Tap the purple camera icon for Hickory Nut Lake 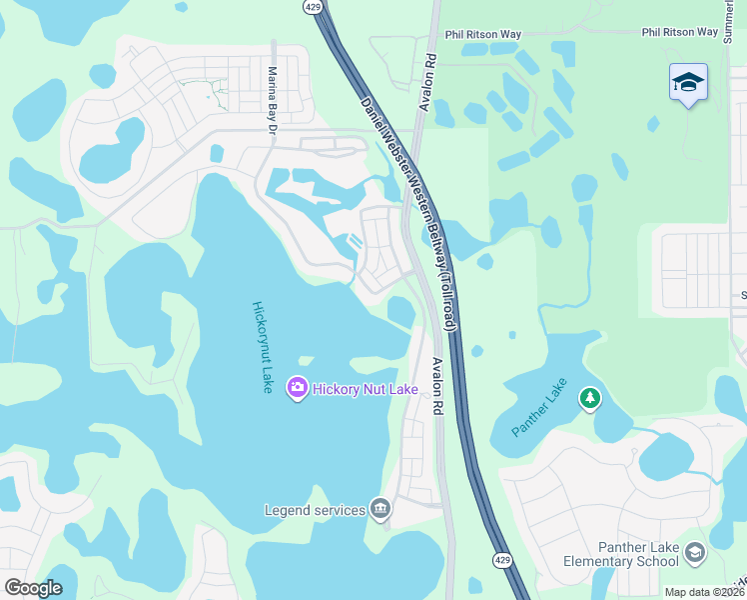click(x=297, y=388)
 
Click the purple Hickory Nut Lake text click(x=364, y=388)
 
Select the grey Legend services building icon click(x=379, y=510)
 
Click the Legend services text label click(x=315, y=510)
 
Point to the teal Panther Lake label click(x=539, y=407)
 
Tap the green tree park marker click(x=590, y=400)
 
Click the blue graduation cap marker click(x=688, y=82)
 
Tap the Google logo click(x=33, y=588)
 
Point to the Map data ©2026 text click(x=705, y=592)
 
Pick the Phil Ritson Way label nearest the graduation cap click(x=680, y=32)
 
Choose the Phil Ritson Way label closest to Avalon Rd click(x=483, y=34)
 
